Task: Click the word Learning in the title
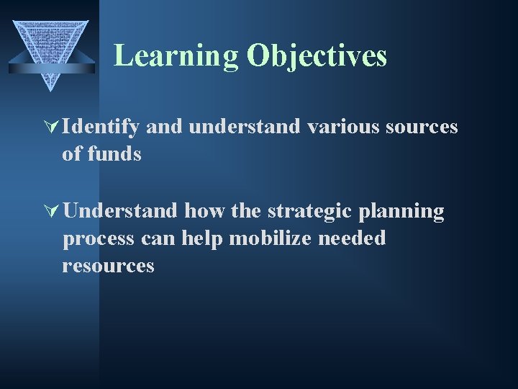coord(176,55)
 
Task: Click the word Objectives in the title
coord(317,55)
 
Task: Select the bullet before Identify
coord(55,128)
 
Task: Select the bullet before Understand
coord(55,212)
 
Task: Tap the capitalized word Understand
coord(120,211)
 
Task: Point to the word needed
coord(353,238)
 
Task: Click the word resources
coord(108,266)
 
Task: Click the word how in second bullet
coord(204,211)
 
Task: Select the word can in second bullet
coord(159,238)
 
